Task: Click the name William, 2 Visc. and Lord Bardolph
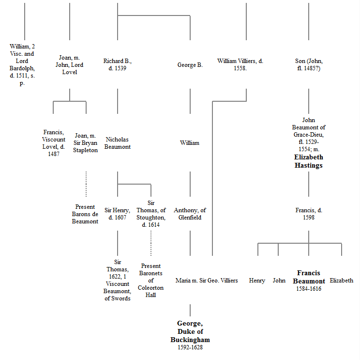22,64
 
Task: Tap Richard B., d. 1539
117,64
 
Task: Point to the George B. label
190,64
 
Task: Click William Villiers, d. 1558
240,64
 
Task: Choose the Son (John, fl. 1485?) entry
309,64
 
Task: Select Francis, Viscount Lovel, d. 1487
53,143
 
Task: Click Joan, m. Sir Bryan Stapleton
86,143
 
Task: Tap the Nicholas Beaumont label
118,143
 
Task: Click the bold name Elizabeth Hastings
309,161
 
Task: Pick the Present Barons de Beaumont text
85,214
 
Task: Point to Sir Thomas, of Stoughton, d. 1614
150,214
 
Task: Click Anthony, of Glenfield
190,214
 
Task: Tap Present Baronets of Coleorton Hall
150,280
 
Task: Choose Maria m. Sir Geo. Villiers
207,281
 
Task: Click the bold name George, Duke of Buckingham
190,331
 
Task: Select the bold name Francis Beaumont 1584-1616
309,281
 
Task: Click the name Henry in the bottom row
257,281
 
